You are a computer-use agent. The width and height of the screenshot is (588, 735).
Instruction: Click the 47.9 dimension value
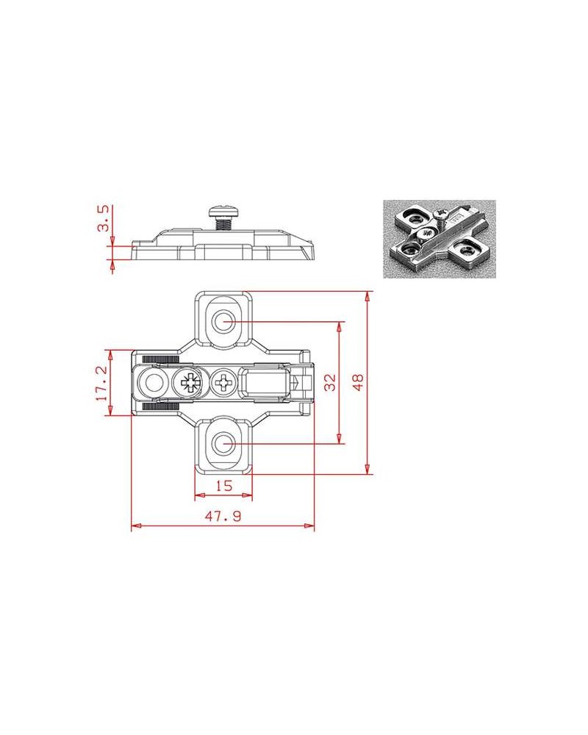pos(223,516)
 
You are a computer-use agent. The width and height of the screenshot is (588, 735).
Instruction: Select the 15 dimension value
pos(223,486)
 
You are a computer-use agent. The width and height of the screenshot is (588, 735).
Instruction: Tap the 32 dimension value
pos(331,382)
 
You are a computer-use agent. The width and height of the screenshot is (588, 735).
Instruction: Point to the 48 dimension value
pos(358,382)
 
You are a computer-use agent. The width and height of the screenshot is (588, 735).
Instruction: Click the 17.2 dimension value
pos(101,383)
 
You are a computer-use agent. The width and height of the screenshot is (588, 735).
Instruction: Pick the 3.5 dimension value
pos(103,218)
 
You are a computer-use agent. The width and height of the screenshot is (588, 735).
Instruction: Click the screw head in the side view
pos(223,210)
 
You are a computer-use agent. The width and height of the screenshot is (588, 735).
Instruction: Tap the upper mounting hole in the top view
pos(223,322)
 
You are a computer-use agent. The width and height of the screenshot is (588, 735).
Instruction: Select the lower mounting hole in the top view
pos(223,443)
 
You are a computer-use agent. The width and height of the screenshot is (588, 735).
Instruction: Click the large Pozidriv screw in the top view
pos(190,383)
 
